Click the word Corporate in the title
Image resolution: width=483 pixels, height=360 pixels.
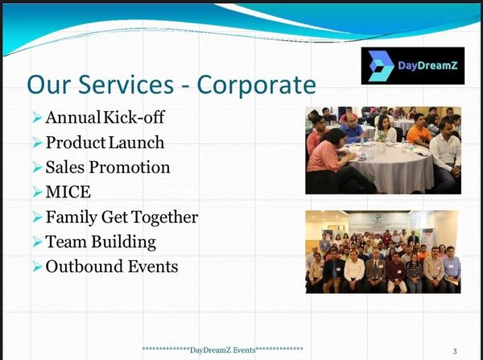tap(256, 85)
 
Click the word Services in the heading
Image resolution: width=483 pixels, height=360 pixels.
tap(126, 84)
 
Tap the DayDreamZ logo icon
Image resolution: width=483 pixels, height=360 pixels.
tap(381, 66)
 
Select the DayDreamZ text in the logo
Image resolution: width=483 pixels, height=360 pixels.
tap(427, 65)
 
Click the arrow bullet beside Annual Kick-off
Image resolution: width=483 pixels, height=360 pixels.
tap(37, 118)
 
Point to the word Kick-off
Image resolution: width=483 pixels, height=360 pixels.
tap(134, 117)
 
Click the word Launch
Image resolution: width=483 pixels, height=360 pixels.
tap(137, 143)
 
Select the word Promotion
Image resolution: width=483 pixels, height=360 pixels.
tap(130, 168)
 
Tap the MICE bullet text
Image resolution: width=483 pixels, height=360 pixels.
tap(68, 192)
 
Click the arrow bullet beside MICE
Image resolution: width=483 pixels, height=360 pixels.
tap(37, 192)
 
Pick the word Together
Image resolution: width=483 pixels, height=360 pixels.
tap(164, 217)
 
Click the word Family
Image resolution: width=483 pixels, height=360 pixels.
tap(72, 217)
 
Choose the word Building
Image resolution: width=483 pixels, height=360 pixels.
tap(123, 242)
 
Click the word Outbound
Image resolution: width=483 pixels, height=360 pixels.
tap(85, 267)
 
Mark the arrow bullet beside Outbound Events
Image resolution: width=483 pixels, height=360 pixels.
tap(37, 267)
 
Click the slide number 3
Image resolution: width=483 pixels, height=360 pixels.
tap(455, 351)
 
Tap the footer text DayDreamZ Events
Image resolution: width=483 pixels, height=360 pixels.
tap(223, 350)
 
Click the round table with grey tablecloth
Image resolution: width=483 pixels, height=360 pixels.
tap(391, 167)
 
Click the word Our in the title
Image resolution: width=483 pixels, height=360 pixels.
tap(48, 85)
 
